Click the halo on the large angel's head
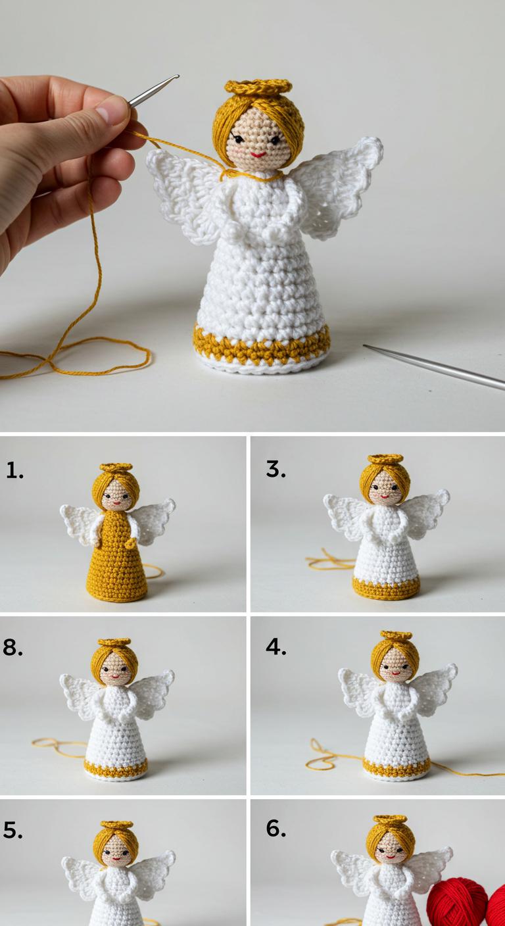258,87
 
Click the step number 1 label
14,470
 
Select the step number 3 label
276,469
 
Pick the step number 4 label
276,646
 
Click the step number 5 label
12,830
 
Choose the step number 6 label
276,828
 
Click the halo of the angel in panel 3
385,459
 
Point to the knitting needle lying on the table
434,367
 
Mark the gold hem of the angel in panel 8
116,768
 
